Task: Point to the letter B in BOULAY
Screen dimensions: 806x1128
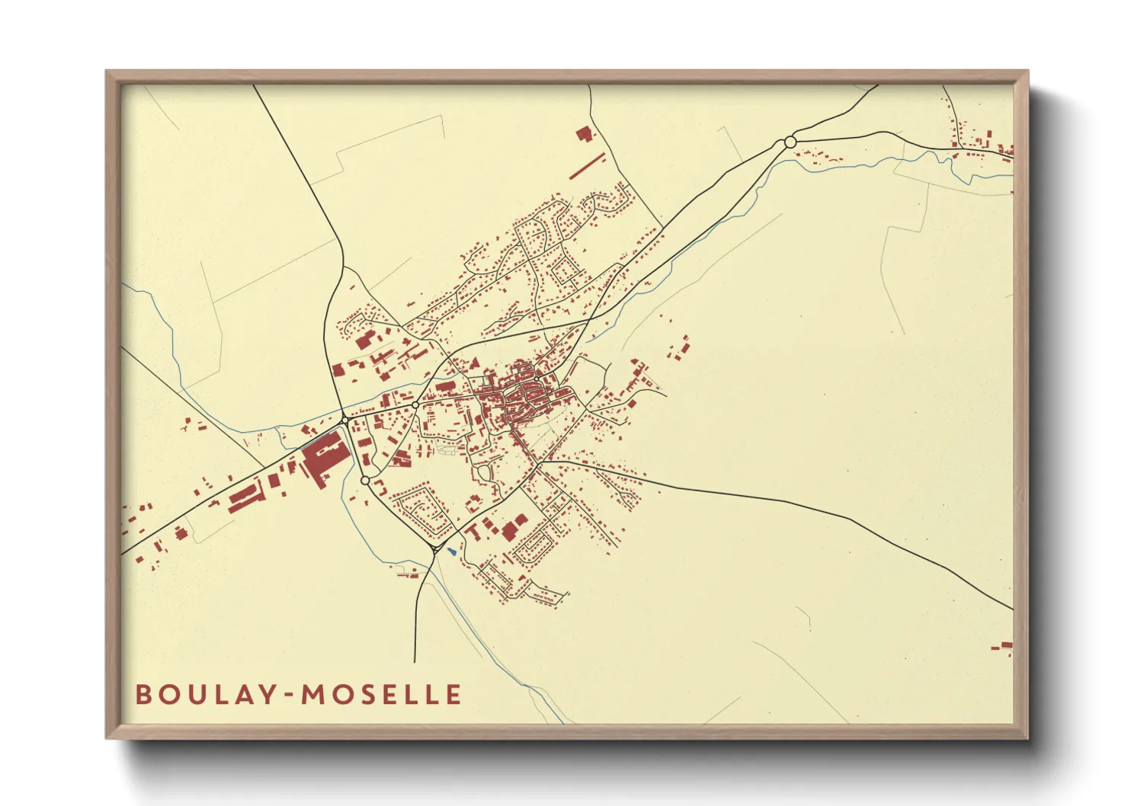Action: point(143,695)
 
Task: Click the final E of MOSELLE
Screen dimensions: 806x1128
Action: point(453,695)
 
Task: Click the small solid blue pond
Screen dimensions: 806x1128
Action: point(453,552)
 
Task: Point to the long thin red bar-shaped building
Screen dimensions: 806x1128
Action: point(587,165)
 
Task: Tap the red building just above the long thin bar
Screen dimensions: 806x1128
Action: point(584,135)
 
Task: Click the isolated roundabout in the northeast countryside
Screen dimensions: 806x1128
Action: point(790,142)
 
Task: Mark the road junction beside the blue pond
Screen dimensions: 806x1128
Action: point(435,548)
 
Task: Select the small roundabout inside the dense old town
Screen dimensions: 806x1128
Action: point(537,379)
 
